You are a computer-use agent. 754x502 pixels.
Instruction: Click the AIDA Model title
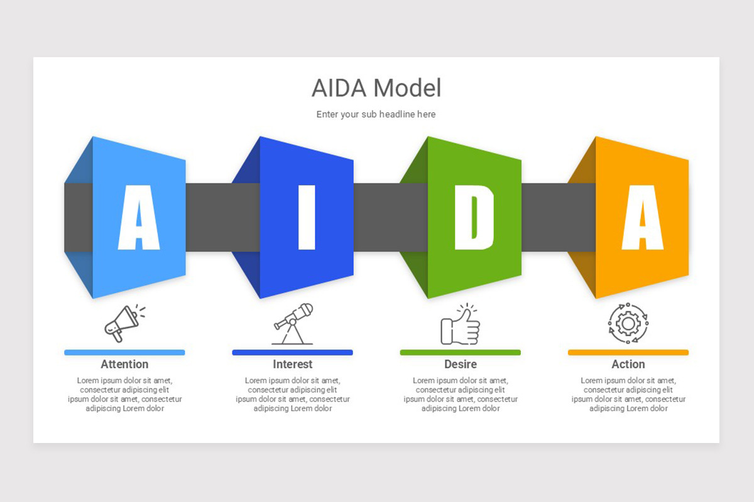coord(376,88)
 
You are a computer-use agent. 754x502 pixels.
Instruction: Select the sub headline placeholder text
coord(376,114)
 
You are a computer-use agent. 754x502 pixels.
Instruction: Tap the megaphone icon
coord(123,323)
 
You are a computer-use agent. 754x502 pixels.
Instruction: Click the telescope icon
coord(293,324)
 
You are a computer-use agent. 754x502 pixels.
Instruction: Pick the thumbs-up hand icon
coord(460,324)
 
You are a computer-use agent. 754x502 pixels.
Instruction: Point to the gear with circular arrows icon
coord(627,323)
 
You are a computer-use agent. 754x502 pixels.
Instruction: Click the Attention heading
coord(124,364)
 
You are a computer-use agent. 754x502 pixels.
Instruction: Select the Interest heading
coord(292,364)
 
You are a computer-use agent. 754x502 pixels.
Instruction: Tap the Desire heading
coord(460,364)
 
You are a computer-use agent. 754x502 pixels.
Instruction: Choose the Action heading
coord(628,364)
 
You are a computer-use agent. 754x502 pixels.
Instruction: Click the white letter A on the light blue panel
coord(138,217)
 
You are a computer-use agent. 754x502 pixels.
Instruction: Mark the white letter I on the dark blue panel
coord(307,217)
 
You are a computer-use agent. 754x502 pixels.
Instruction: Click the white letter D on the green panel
coord(474,217)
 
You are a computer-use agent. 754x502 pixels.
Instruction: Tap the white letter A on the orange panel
coord(642,217)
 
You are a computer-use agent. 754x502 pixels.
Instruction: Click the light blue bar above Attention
coord(124,353)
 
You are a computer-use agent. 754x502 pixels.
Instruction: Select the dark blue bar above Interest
coord(292,353)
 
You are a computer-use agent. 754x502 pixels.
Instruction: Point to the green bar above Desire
coord(460,353)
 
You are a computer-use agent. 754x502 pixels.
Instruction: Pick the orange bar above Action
coord(628,353)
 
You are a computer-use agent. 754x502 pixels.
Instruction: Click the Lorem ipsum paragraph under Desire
coord(461,395)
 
